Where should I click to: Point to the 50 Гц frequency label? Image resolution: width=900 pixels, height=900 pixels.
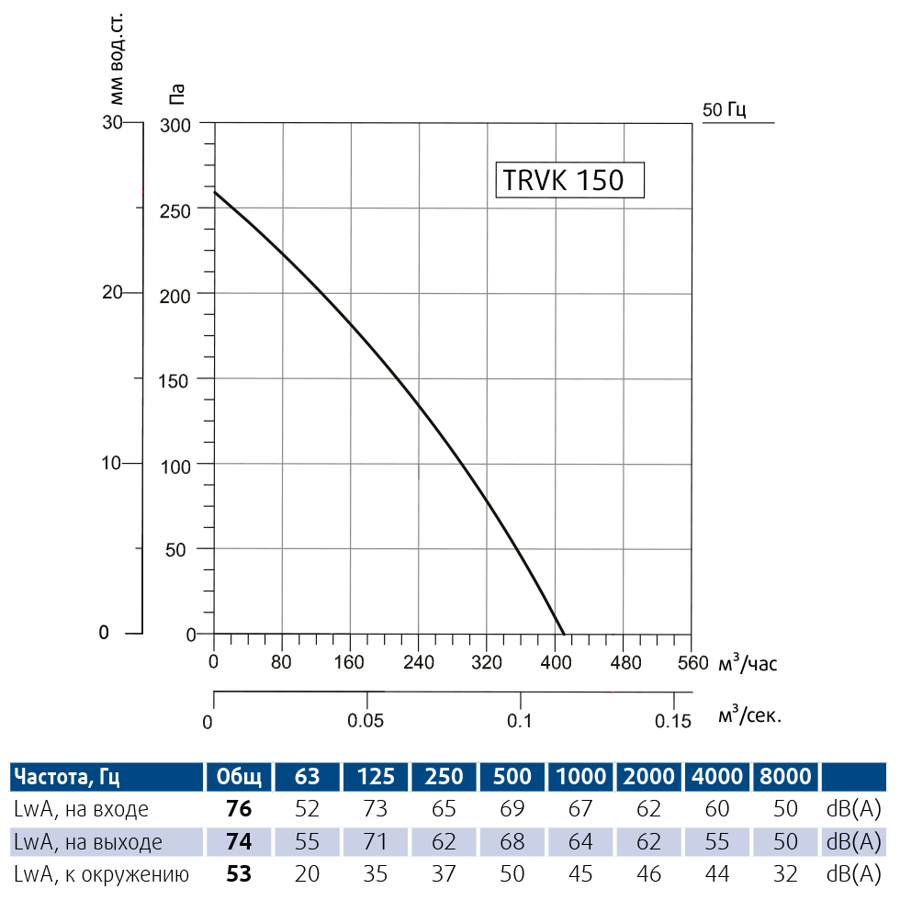724,110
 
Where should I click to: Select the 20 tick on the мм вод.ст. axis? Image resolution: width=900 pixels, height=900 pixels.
112,292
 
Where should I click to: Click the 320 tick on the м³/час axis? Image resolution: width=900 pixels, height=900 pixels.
487,663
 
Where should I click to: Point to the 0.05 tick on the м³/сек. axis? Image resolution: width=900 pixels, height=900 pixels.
366,720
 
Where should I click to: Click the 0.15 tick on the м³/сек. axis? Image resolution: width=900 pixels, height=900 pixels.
674,720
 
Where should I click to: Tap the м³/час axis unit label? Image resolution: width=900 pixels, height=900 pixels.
748,662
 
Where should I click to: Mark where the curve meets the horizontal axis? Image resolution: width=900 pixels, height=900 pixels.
563,634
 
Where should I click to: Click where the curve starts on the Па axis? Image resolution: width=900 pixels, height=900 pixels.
214,192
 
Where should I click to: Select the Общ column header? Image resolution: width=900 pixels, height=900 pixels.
239,777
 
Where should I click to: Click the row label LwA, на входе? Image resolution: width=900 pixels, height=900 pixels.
81,809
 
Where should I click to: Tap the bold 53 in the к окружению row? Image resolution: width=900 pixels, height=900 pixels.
239,873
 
